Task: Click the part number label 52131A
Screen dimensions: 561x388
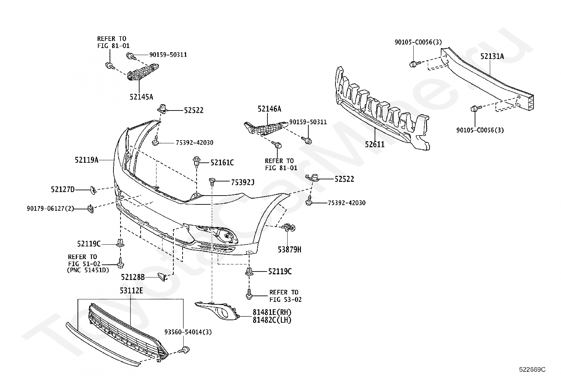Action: (492, 56)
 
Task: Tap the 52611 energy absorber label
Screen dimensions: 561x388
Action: (375, 144)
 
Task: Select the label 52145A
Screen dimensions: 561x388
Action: (141, 97)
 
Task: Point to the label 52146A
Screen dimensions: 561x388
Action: (270, 109)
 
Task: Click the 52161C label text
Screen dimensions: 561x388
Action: (222, 163)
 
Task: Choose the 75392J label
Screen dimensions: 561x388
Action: (242, 182)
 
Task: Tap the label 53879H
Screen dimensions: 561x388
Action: (290, 250)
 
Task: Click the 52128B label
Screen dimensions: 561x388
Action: (133, 277)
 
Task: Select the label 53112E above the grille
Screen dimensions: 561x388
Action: (131, 290)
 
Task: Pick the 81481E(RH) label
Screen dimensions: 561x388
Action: (272, 312)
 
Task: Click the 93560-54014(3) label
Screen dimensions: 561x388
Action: (188, 332)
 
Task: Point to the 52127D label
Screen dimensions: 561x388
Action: (63, 189)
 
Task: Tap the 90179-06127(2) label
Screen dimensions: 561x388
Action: (50, 208)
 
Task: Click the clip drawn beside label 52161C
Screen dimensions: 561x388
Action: (197, 162)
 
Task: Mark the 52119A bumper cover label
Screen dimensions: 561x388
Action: (87, 160)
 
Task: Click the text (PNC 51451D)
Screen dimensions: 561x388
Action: (88, 270)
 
